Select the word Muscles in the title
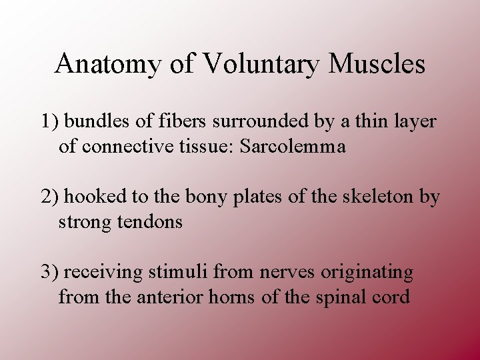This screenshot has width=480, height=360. pyautogui.click(x=377, y=64)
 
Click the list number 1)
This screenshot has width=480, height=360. pyautogui.click(x=50, y=122)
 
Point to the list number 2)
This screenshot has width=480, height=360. pyautogui.click(x=50, y=197)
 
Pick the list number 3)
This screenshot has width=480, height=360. pyautogui.click(x=50, y=272)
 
